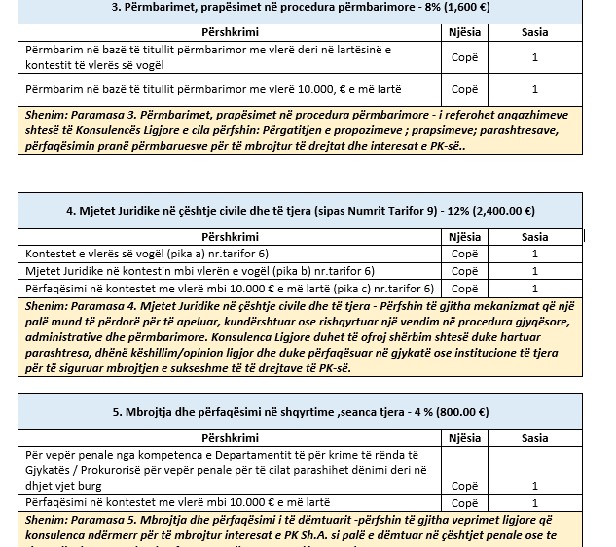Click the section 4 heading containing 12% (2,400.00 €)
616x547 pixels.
pos(301,210)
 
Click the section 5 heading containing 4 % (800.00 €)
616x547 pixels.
pos(301,412)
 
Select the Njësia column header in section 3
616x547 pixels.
pos(464,32)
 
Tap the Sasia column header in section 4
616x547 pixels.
pos(534,237)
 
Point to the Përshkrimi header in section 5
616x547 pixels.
pos(230,438)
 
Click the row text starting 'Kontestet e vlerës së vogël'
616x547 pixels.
pos(117,255)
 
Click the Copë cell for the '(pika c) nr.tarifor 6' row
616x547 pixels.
pos(464,289)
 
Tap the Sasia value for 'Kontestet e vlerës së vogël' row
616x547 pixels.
pos(534,255)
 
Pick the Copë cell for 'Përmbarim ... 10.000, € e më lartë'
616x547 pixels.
pos(464,89)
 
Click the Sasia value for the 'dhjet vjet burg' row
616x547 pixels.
pos(534,485)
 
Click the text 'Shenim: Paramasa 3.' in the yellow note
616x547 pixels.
pos(75,115)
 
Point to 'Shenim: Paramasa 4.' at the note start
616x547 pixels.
pos(75,305)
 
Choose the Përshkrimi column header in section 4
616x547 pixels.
pos(230,237)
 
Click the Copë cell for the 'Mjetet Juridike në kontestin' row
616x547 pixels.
pos(464,271)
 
